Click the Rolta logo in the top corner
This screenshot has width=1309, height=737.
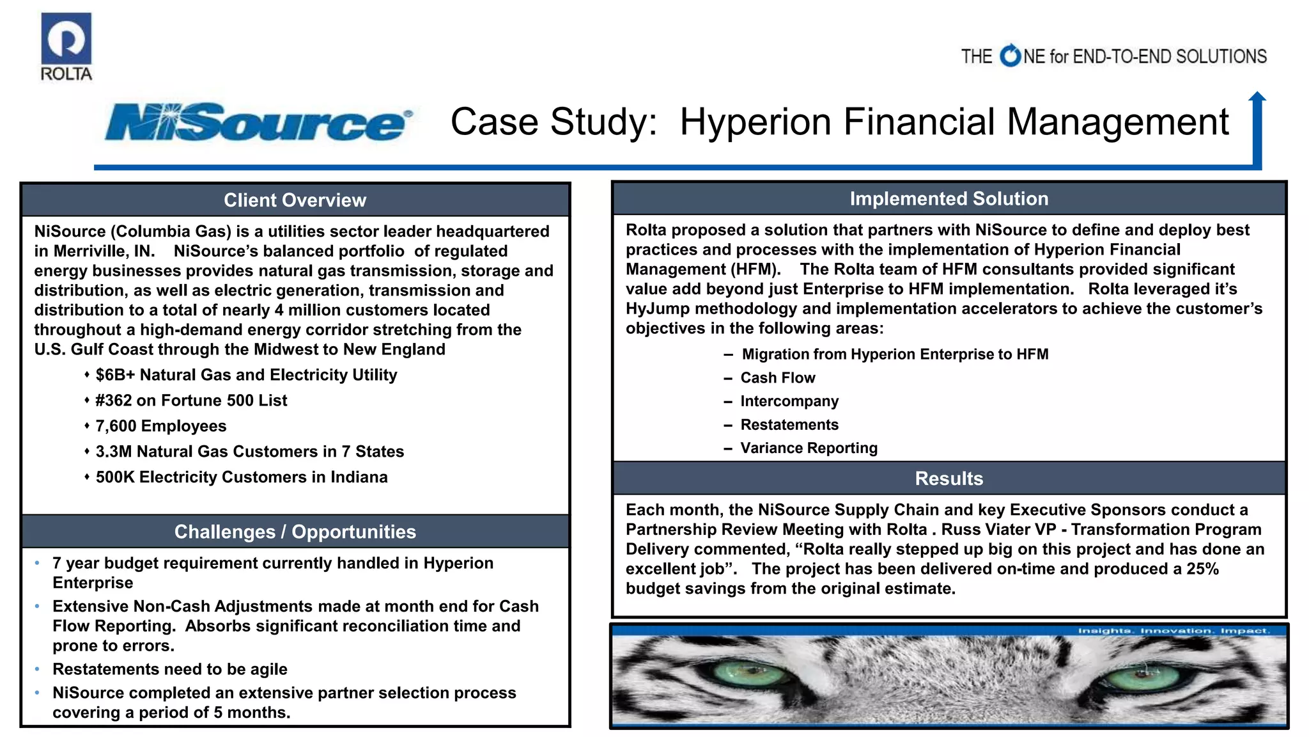click(x=66, y=47)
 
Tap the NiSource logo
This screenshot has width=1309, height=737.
click(x=258, y=122)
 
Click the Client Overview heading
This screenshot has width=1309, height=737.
click(x=295, y=200)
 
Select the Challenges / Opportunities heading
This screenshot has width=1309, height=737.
click(x=295, y=532)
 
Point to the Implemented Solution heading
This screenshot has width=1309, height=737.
click(x=949, y=199)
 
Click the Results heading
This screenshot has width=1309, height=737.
click(x=949, y=479)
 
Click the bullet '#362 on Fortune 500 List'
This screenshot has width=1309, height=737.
click(x=191, y=400)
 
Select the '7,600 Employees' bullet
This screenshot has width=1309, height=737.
click(x=161, y=426)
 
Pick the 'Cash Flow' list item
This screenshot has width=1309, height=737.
click(x=778, y=378)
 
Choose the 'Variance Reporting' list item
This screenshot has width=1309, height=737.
click(x=809, y=448)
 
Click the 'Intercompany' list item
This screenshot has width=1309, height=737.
click(x=789, y=401)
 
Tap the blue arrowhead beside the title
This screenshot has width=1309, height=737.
click(x=1257, y=97)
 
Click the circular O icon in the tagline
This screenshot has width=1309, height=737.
click(x=1011, y=56)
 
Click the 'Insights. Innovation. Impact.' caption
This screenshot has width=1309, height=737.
click(x=1173, y=631)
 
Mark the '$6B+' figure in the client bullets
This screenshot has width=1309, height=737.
click(x=115, y=375)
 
